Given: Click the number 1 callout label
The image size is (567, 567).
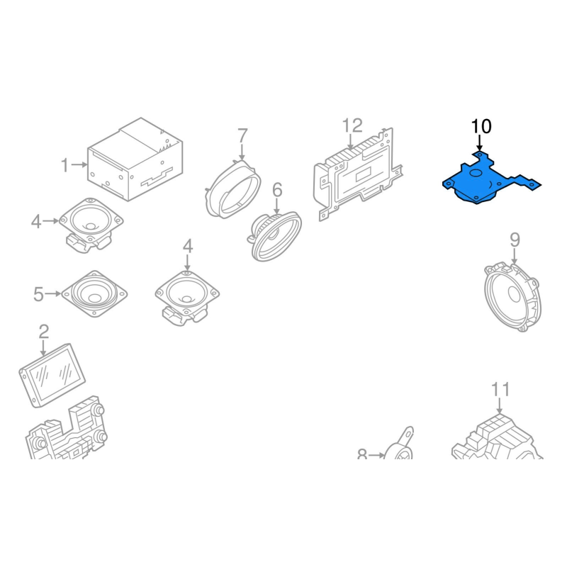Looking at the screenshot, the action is [x=64, y=165].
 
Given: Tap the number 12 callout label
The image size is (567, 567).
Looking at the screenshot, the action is [x=352, y=126].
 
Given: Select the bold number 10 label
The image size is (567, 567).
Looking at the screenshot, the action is [x=481, y=127].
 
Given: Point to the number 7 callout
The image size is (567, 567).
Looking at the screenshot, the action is [x=242, y=135].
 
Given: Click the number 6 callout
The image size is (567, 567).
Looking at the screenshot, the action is [x=277, y=190].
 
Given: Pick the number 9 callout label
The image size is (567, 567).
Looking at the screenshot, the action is [x=515, y=240].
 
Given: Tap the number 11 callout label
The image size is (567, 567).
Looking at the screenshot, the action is [x=500, y=390].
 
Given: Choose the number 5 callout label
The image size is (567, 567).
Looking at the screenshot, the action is [x=39, y=294].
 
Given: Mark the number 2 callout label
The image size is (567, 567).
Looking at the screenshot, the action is [x=43, y=332].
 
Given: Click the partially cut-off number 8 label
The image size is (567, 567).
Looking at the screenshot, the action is [x=362, y=454].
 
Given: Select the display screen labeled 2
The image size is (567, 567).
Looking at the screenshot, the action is [x=52, y=375].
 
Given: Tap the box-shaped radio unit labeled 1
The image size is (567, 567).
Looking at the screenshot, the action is [x=135, y=159].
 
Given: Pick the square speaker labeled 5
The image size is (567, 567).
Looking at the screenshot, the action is [x=94, y=293].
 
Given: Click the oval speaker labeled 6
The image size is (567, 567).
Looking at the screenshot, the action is [x=276, y=237].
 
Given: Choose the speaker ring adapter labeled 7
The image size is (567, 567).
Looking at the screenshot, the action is [x=232, y=189].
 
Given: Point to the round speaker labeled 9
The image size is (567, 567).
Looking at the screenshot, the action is [x=512, y=298].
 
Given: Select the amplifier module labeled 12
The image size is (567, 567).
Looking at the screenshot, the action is [x=358, y=174].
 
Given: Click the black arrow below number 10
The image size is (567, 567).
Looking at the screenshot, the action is [x=480, y=143].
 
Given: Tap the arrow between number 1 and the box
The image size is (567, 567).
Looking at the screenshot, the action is [x=79, y=165].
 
